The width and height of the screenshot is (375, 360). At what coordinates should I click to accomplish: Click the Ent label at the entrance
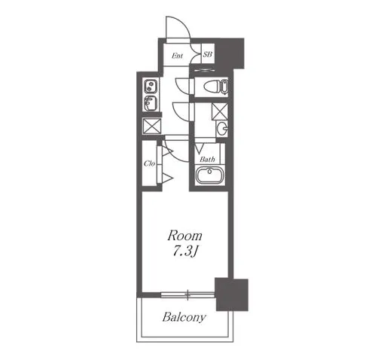click(x=177, y=56)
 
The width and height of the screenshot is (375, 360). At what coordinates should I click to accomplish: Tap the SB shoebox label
click(x=208, y=54)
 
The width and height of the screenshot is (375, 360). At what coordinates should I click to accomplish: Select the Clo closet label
click(x=149, y=163)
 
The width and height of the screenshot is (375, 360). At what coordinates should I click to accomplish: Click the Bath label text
click(x=207, y=159)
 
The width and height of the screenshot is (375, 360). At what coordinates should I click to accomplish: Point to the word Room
click(x=184, y=236)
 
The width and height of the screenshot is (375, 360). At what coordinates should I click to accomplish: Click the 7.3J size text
click(x=184, y=252)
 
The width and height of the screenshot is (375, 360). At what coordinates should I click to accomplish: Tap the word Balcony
click(x=184, y=317)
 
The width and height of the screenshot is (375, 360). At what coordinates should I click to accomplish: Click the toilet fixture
click(x=215, y=87)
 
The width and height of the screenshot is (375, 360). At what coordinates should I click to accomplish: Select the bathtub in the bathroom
click(x=210, y=175)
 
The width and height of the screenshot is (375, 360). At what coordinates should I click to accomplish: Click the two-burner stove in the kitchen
click(x=151, y=86)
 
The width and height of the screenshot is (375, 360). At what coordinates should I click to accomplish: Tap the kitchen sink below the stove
click(x=151, y=103)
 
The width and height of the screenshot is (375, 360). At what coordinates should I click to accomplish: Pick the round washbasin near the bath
click(x=222, y=129)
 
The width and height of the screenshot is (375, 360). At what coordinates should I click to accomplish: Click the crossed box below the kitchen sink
click(x=152, y=127)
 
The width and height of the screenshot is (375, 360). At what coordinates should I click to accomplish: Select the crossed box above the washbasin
click(x=220, y=111)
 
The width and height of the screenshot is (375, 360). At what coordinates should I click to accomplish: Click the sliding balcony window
click(x=187, y=294)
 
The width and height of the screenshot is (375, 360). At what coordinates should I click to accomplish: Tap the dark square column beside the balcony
click(x=232, y=294)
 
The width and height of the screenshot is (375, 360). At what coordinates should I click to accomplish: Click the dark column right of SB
click(x=230, y=53)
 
